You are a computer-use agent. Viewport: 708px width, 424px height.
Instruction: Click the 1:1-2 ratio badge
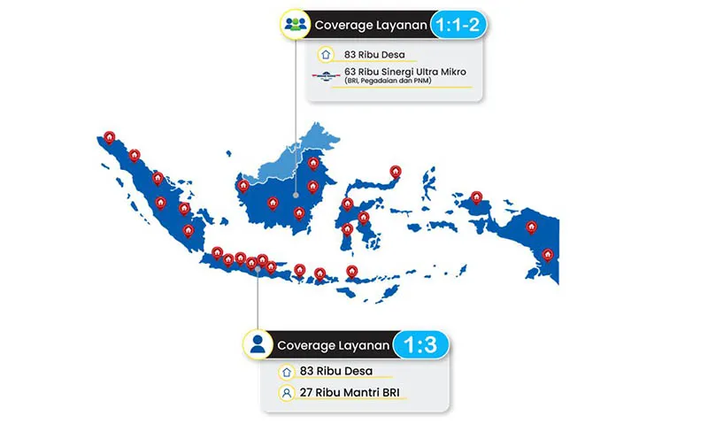click(458, 25)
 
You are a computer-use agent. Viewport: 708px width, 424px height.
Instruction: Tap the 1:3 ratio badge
click(419, 343)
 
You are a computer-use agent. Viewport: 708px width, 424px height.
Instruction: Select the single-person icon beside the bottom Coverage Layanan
click(258, 343)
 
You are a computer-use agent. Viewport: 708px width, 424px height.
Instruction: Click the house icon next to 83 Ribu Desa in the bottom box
click(285, 371)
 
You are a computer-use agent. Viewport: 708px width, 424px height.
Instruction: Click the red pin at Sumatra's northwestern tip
click(109, 138)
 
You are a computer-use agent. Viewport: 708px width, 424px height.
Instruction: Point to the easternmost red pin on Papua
click(548, 255)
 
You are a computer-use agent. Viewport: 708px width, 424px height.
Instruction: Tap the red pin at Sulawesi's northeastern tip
click(396, 172)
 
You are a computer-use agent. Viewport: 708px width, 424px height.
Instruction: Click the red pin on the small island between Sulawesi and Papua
click(476, 198)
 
